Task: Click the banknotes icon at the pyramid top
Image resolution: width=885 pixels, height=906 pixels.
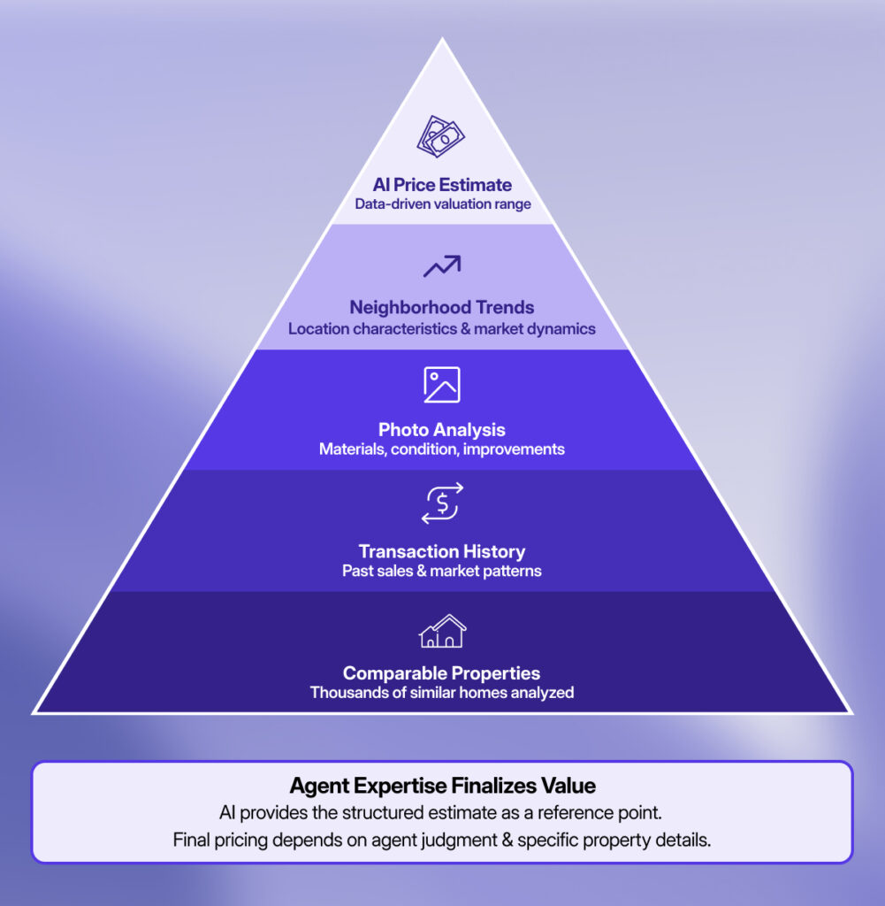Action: pyautogui.click(x=441, y=136)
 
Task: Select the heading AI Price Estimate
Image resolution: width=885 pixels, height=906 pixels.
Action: pyautogui.click(x=442, y=185)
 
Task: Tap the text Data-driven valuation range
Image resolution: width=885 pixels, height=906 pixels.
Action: pyautogui.click(x=442, y=204)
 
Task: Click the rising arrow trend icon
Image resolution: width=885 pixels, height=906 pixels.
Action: pyautogui.click(x=441, y=265)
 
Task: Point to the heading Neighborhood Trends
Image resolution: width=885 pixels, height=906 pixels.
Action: pyautogui.click(x=442, y=308)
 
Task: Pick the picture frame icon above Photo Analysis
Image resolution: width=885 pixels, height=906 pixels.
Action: pyautogui.click(x=441, y=385)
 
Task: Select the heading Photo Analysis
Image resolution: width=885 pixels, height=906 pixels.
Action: pyautogui.click(x=442, y=430)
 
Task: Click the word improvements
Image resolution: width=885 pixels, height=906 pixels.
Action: pyautogui.click(x=517, y=449)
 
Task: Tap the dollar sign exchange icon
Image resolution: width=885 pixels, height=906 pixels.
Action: pyautogui.click(x=442, y=503)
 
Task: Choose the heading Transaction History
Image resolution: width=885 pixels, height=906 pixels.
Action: pyautogui.click(x=442, y=552)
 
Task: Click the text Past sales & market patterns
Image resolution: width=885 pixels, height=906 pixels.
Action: pyautogui.click(x=442, y=572)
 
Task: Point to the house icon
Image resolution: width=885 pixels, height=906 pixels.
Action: pyautogui.click(x=442, y=632)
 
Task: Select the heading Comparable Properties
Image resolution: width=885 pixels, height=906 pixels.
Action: pyautogui.click(x=442, y=673)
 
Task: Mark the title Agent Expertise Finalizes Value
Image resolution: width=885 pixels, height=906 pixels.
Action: pyautogui.click(x=442, y=786)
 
